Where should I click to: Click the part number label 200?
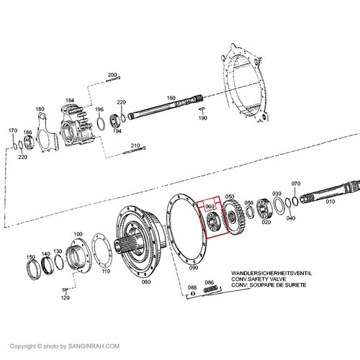point(112,75)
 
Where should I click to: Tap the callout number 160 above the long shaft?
point(171,98)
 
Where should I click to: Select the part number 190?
point(203,119)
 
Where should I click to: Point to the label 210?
point(135,146)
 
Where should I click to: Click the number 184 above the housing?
point(70,101)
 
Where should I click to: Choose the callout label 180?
point(40,109)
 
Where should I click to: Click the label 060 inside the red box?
point(211,207)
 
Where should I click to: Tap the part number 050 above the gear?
point(230,197)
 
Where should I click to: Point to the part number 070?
point(295,184)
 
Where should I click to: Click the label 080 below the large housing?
point(146,282)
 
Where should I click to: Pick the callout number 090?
point(193,267)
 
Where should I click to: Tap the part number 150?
point(30,256)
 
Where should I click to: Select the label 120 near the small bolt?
point(66,297)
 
